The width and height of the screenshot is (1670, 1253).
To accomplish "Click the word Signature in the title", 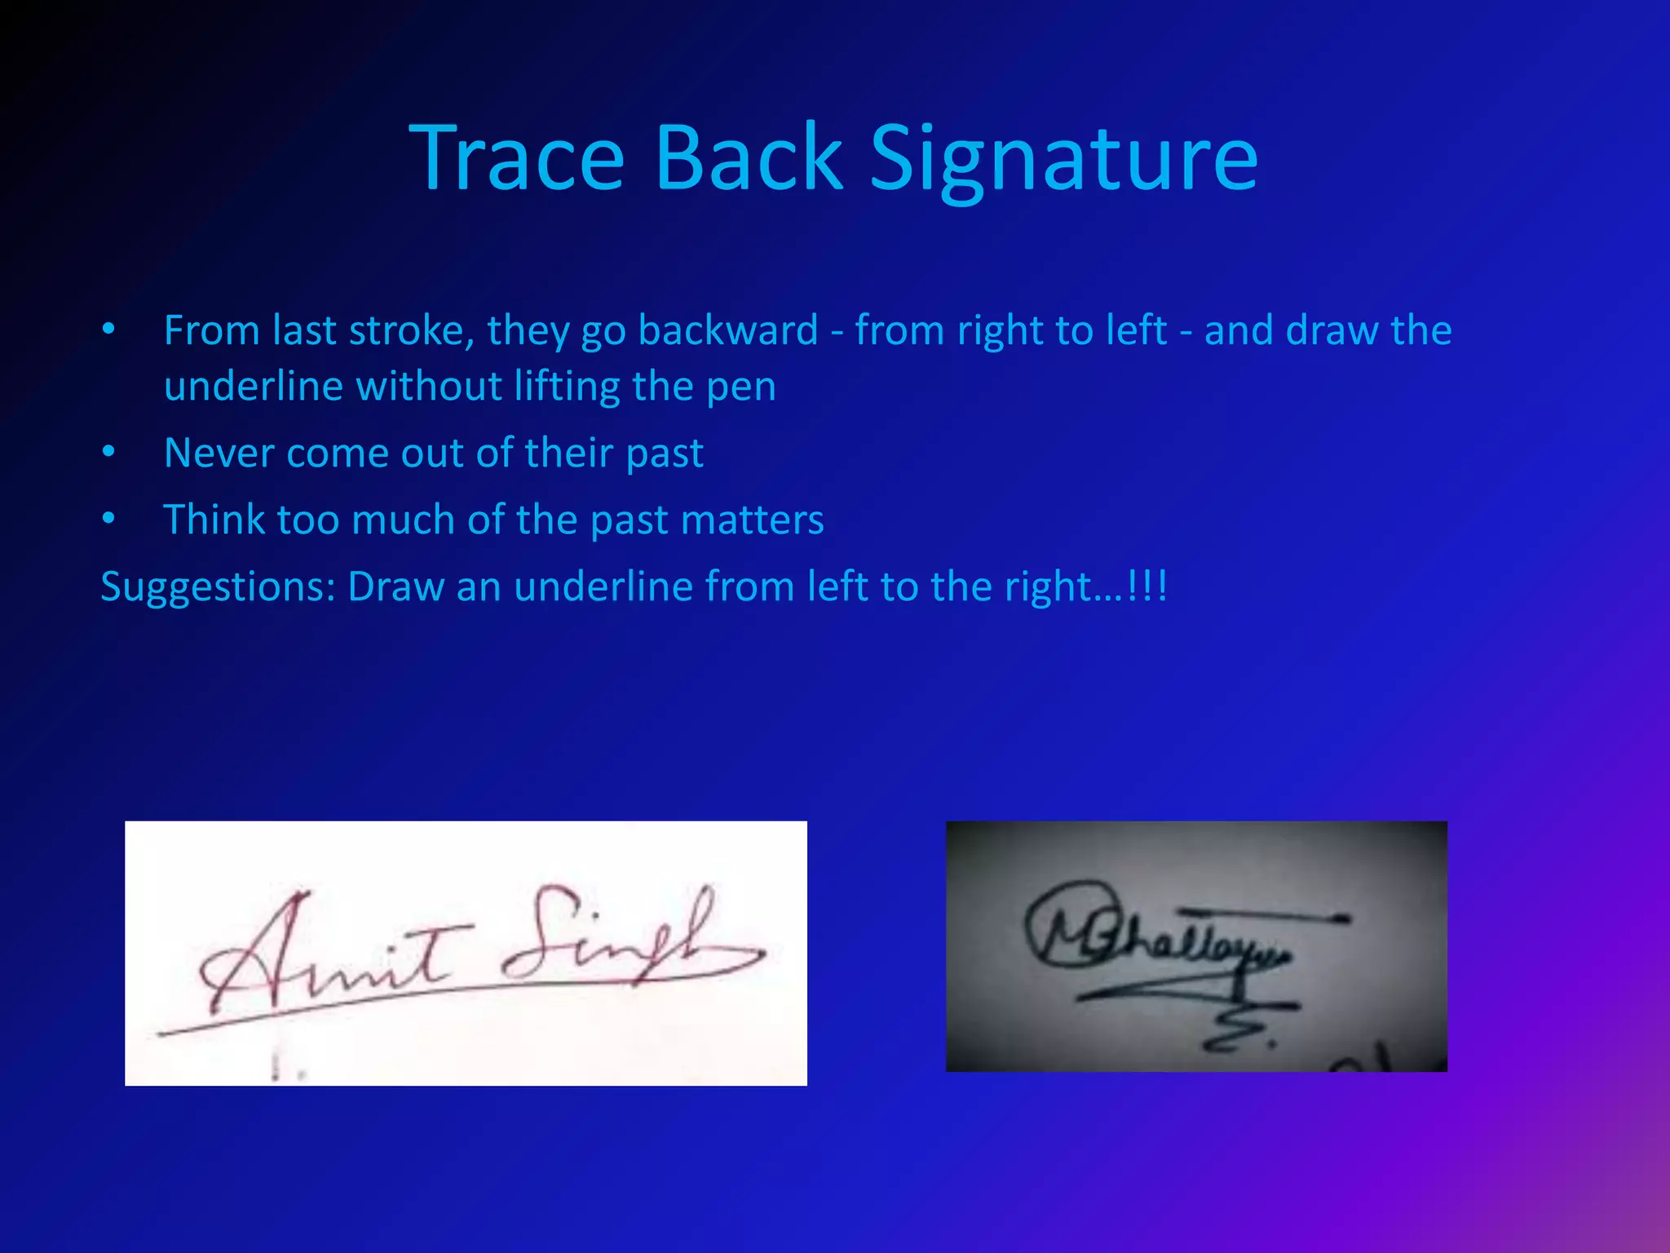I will tap(1063, 160).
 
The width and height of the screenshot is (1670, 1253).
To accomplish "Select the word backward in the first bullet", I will tap(727, 330).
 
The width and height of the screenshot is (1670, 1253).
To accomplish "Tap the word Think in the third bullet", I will tap(214, 520).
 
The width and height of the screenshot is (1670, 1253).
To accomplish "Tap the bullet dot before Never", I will tap(109, 453).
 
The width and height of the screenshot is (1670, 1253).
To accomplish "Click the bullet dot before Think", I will tap(109, 520).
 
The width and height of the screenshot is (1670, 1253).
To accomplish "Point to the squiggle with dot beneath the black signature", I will tap(1239, 1036).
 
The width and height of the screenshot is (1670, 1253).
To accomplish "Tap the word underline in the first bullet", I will tap(253, 387).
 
